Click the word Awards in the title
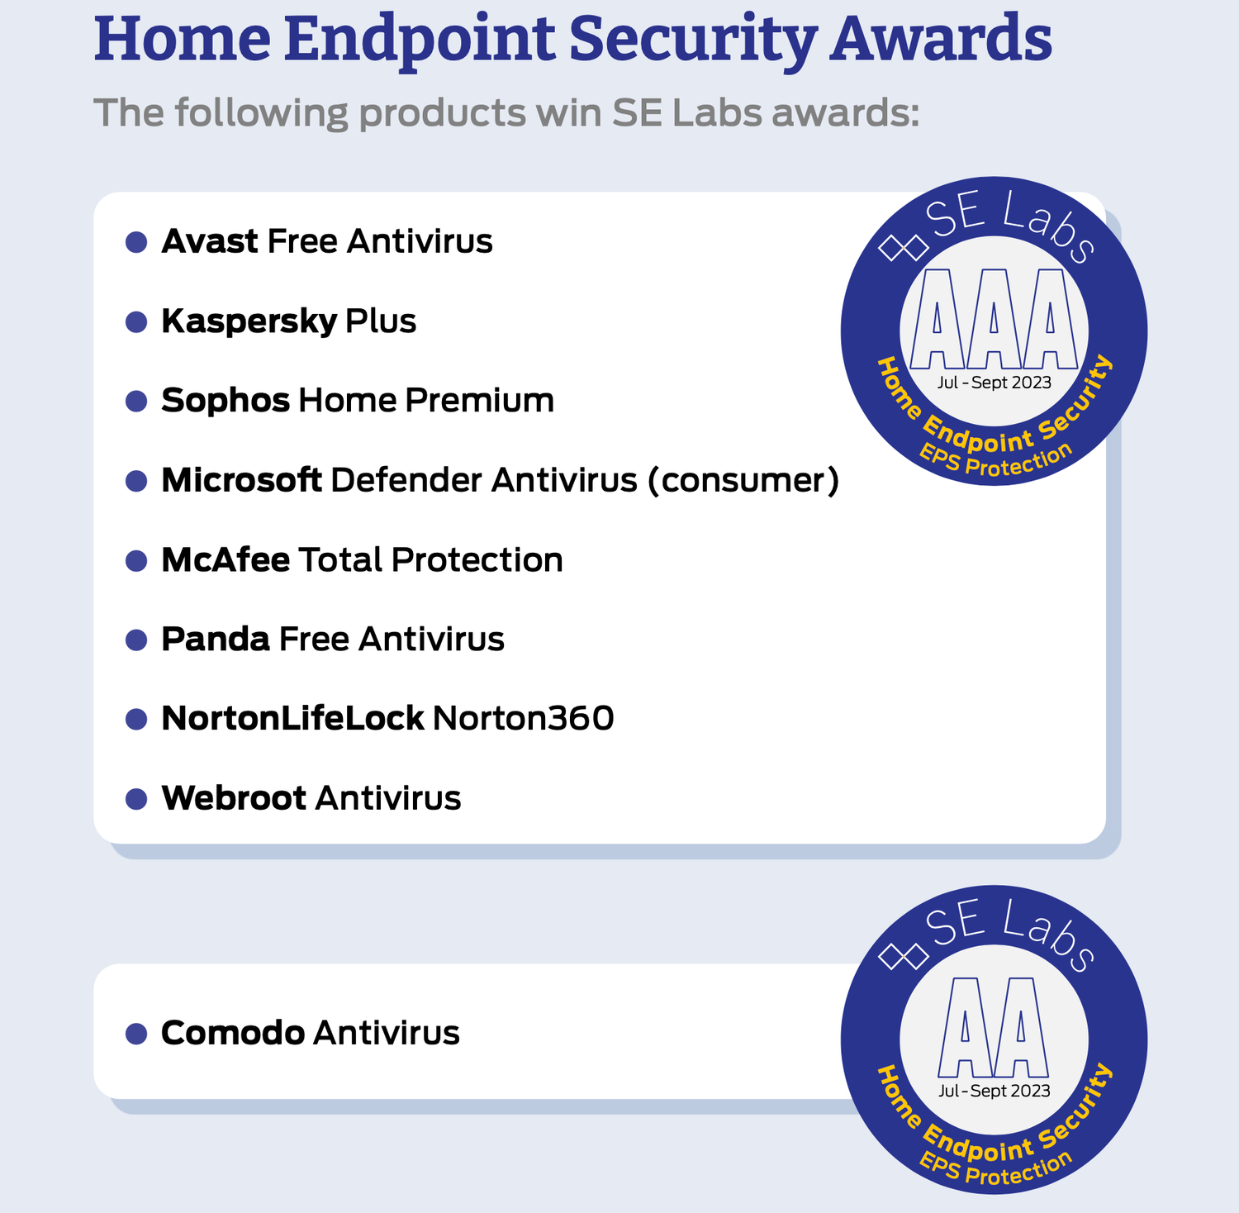[x=941, y=39]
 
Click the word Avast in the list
[x=210, y=241]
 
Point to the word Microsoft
[x=241, y=480]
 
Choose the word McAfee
[x=225, y=559]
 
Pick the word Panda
[x=216, y=639]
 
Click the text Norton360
[x=523, y=718]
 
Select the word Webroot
[x=234, y=798]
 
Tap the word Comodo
[x=233, y=1033]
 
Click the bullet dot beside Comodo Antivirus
[x=136, y=1034]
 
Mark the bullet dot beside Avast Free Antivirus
[x=136, y=242]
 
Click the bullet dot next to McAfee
[x=136, y=560]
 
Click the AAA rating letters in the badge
[x=994, y=319]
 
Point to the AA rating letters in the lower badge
[x=994, y=1027]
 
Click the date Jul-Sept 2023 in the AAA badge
[x=995, y=383]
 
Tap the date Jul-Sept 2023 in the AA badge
[x=995, y=1091]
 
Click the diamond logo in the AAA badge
[x=903, y=246]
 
